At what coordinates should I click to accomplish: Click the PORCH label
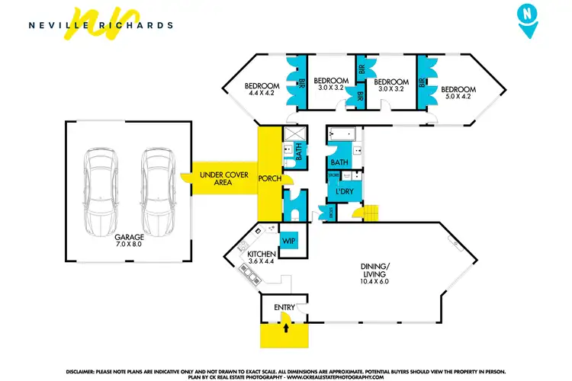click(269, 180)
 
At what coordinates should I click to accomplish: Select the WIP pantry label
click(289, 241)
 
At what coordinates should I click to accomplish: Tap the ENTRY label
click(284, 307)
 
